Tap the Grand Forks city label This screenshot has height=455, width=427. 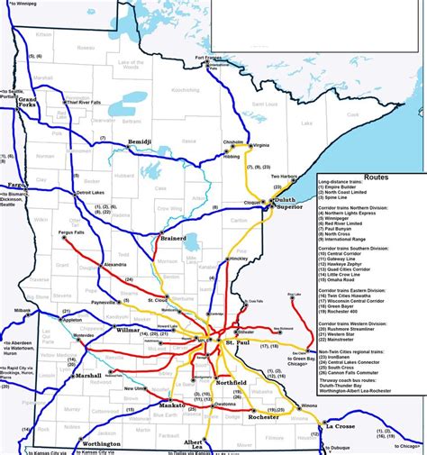[x=26, y=103]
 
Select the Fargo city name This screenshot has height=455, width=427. [x=15, y=185]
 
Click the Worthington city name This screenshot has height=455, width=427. [x=99, y=443]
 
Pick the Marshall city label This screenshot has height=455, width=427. [x=88, y=375]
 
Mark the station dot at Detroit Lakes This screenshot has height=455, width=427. [x=75, y=193]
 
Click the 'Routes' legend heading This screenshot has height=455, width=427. [x=376, y=177]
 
